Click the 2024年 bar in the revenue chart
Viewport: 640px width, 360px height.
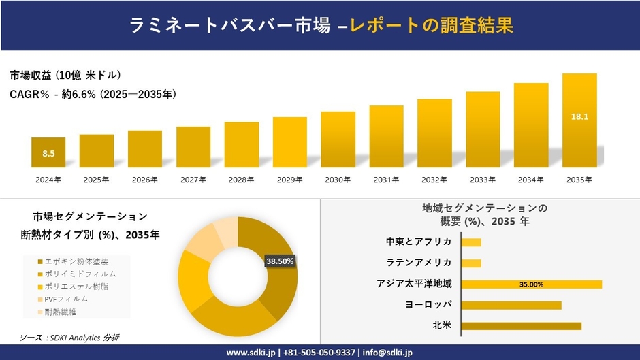48,152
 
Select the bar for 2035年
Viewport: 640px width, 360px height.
579,120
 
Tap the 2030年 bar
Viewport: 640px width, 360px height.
338,140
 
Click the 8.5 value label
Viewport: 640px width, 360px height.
48,154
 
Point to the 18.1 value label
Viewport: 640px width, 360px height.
579,117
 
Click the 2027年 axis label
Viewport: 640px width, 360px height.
193,180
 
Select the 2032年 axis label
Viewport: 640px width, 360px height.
434,180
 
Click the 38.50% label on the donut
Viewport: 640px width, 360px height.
280,261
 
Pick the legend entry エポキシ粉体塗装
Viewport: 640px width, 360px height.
76,261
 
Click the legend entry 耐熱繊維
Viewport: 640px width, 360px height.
62,312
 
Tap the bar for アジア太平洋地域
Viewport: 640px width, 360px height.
531,284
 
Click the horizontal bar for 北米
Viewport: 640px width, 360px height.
521,326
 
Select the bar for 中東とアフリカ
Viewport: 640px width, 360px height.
471,242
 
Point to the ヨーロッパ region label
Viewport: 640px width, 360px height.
428,304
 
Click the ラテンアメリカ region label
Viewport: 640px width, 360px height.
419,263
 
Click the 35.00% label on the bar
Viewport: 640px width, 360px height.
531,284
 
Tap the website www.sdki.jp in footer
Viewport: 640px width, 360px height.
251,353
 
